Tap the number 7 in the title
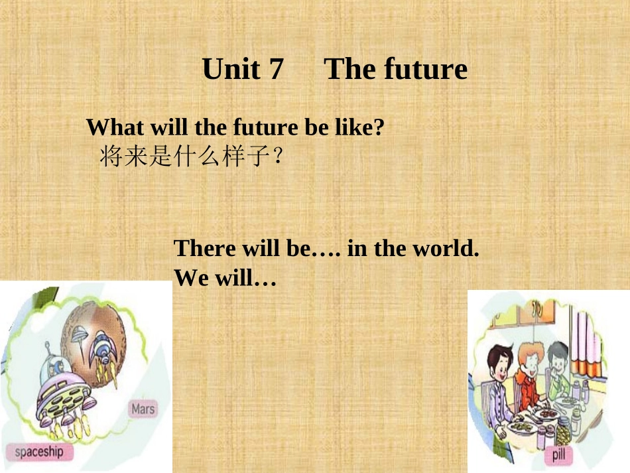coord(276,69)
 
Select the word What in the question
coord(113,127)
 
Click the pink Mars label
coord(143,409)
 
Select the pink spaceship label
coord(39,452)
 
